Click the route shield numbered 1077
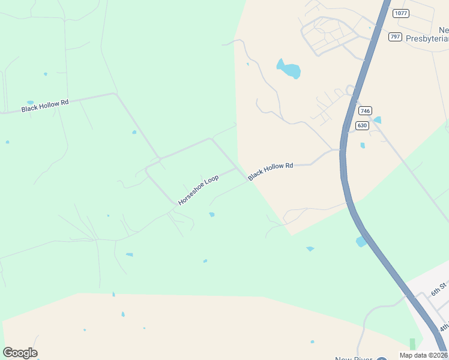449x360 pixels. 400,13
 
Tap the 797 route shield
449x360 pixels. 394,37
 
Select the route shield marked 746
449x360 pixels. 365,111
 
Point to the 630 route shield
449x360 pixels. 361,125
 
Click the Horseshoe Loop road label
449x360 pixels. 198,190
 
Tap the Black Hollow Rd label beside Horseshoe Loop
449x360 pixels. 270,170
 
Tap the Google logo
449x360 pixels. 20,353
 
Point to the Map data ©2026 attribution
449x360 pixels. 423,355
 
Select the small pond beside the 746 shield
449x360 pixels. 376,120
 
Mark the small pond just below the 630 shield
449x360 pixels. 363,145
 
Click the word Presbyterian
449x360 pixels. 427,39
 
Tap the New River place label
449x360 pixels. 352,359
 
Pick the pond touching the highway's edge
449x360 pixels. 361,241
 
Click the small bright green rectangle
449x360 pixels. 412,344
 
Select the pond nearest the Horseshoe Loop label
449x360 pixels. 211,214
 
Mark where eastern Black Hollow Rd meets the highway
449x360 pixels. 341,149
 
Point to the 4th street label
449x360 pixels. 444,326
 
